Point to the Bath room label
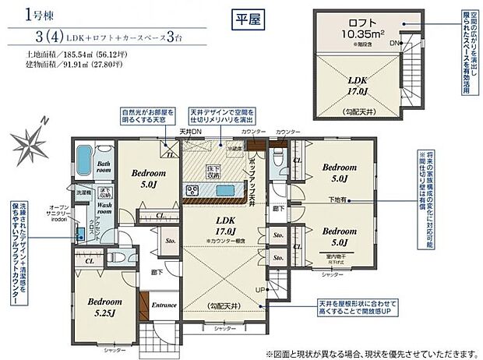pyautogui.click(x=104, y=165)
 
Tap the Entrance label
pyautogui.click(x=164, y=305)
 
